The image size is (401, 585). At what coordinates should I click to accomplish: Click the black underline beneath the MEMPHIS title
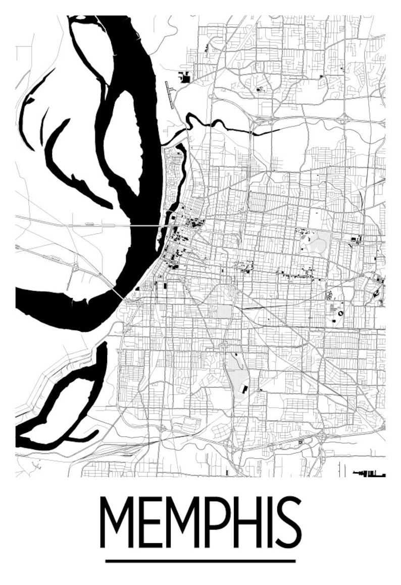pyautogui.click(x=201, y=560)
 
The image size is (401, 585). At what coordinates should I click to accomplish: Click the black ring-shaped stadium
pyautogui.click(x=340, y=313)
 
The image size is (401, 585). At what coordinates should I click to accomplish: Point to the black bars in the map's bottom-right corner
pyautogui.click(x=371, y=474)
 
